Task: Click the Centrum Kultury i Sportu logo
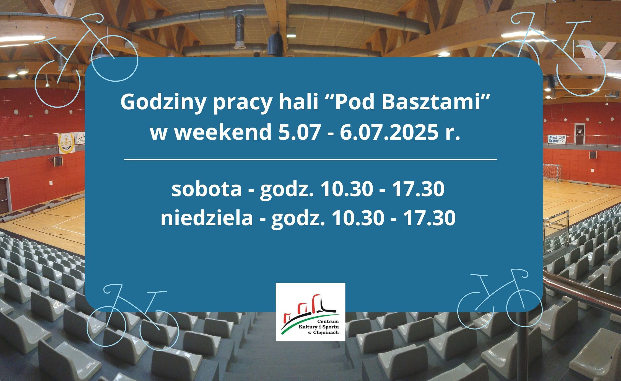point(310,312)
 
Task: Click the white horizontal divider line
point(310,160)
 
